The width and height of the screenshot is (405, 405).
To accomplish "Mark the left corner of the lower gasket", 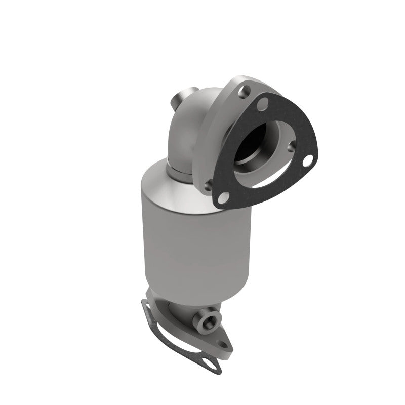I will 144,305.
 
